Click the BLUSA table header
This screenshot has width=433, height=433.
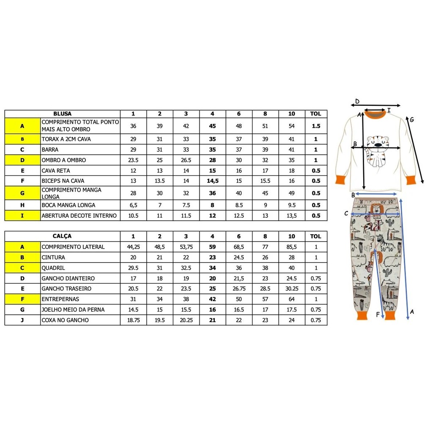point(63,114)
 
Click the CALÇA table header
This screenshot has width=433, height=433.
point(63,236)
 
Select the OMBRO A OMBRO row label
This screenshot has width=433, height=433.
point(63,160)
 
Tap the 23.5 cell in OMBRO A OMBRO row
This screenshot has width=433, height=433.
point(133,160)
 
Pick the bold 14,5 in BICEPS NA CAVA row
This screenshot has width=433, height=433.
point(212,181)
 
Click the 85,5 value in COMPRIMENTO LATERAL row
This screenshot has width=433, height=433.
point(292,247)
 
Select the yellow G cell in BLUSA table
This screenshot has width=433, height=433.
point(22,193)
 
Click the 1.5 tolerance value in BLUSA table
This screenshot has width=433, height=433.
point(316,126)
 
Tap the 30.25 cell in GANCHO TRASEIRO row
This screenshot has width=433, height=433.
point(292,289)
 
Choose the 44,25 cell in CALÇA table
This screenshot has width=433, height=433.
point(133,247)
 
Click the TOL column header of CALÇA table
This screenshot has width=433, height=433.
point(316,236)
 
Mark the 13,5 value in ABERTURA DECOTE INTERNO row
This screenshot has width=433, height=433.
point(292,216)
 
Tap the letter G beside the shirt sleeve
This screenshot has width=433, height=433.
point(411,120)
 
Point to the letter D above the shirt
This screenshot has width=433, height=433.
point(357,101)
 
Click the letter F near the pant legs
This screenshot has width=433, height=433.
point(378,314)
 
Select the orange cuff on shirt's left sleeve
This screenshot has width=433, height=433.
point(341,179)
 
